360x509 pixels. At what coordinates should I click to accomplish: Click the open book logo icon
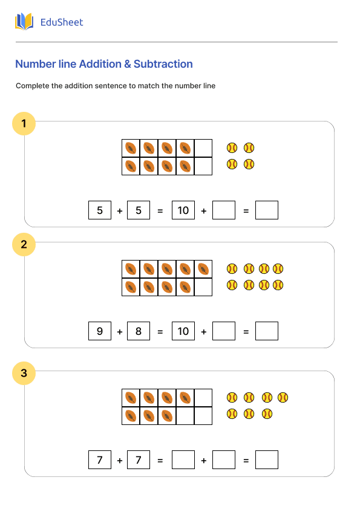pyautogui.click(x=24, y=22)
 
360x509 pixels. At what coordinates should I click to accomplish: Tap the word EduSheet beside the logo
pyautogui.click(x=61, y=22)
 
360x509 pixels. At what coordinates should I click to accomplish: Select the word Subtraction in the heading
pyautogui.click(x=163, y=64)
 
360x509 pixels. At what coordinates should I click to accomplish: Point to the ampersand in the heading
pyautogui.click(x=126, y=64)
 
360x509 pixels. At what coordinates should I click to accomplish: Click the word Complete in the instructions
pyautogui.click(x=32, y=86)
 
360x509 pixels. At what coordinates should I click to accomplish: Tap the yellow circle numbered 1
pyautogui.click(x=24, y=125)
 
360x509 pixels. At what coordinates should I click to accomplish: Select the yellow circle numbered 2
pyautogui.click(x=24, y=245)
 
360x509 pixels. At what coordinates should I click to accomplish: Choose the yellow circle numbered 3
pyautogui.click(x=24, y=373)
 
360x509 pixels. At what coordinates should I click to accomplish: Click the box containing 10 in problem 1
pyautogui.click(x=183, y=210)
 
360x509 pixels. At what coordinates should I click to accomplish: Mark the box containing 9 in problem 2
pyautogui.click(x=100, y=331)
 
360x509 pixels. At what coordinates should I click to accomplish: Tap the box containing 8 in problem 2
pyautogui.click(x=139, y=331)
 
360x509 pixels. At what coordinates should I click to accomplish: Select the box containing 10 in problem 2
pyautogui.click(x=183, y=331)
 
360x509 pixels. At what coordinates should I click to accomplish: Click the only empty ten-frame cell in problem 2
pyautogui.click(x=203, y=287)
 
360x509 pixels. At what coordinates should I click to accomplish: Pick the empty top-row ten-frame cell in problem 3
pyautogui.click(x=203, y=398)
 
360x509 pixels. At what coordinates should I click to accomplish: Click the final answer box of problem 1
pyautogui.click(x=267, y=210)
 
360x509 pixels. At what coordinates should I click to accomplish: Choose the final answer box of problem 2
pyautogui.click(x=267, y=331)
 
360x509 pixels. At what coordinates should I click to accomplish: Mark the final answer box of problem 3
pyautogui.click(x=267, y=460)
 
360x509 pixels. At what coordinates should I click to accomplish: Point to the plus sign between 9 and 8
pyautogui.click(x=120, y=332)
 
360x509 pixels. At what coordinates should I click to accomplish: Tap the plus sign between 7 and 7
pyautogui.click(x=120, y=461)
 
